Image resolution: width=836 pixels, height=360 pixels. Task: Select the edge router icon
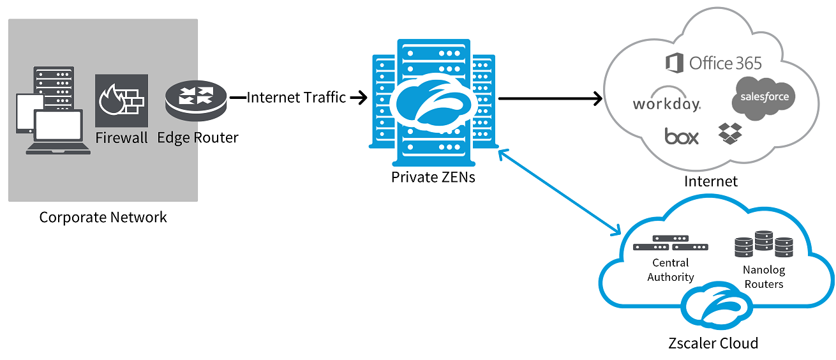click(196, 98)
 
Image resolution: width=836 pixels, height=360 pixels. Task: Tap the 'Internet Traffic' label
click(296, 98)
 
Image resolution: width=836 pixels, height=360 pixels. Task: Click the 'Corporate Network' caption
click(103, 217)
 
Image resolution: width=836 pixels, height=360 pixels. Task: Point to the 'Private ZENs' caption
click(433, 177)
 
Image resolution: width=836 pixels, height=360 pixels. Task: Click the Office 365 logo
click(713, 63)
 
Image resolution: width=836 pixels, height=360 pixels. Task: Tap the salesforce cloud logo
click(765, 97)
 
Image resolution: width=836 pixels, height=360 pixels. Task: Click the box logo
click(682, 136)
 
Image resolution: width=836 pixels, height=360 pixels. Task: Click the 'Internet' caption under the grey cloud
click(710, 181)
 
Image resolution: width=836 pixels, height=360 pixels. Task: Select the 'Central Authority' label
click(670, 270)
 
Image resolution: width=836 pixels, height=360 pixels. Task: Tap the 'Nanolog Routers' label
click(764, 277)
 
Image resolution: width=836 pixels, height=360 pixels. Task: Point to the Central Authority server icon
click(671, 243)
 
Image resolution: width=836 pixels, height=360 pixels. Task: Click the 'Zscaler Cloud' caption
click(713, 343)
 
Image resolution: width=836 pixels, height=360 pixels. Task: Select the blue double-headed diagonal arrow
click(560, 191)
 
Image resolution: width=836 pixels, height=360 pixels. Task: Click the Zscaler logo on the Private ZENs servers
click(433, 103)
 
